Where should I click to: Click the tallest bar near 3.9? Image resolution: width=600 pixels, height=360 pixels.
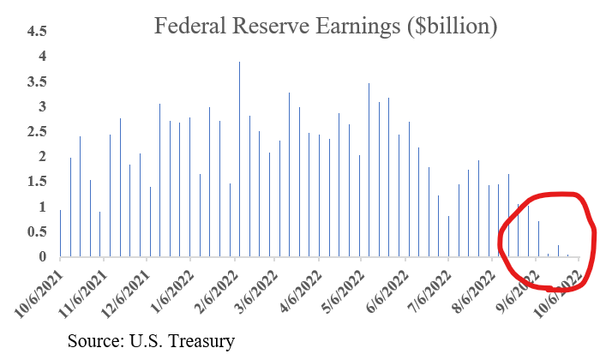tap(239, 159)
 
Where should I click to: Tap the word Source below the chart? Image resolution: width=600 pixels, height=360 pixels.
tap(94, 342)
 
